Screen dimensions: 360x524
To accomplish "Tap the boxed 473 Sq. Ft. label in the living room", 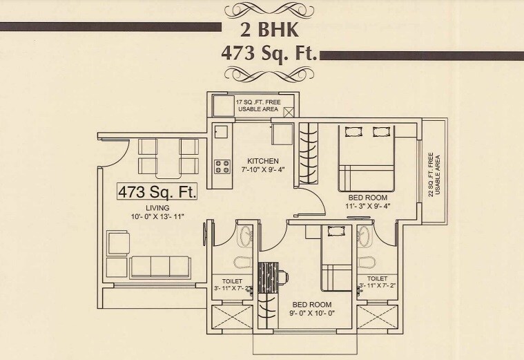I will pos(157,191).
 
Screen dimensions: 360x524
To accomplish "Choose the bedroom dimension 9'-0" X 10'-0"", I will pos(311,313).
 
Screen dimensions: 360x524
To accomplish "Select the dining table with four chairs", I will pos(168,156).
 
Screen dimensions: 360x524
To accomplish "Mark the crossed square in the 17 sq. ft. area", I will pos(289,113).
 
